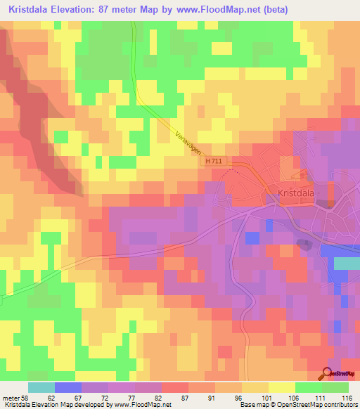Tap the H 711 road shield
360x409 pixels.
tap(217, 162)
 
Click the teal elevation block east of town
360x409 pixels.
tap(346, 263)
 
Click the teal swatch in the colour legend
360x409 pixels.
tap(41, 387)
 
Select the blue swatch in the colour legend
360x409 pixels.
tap(67, 387)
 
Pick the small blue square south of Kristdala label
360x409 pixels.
tap(250, 238)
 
